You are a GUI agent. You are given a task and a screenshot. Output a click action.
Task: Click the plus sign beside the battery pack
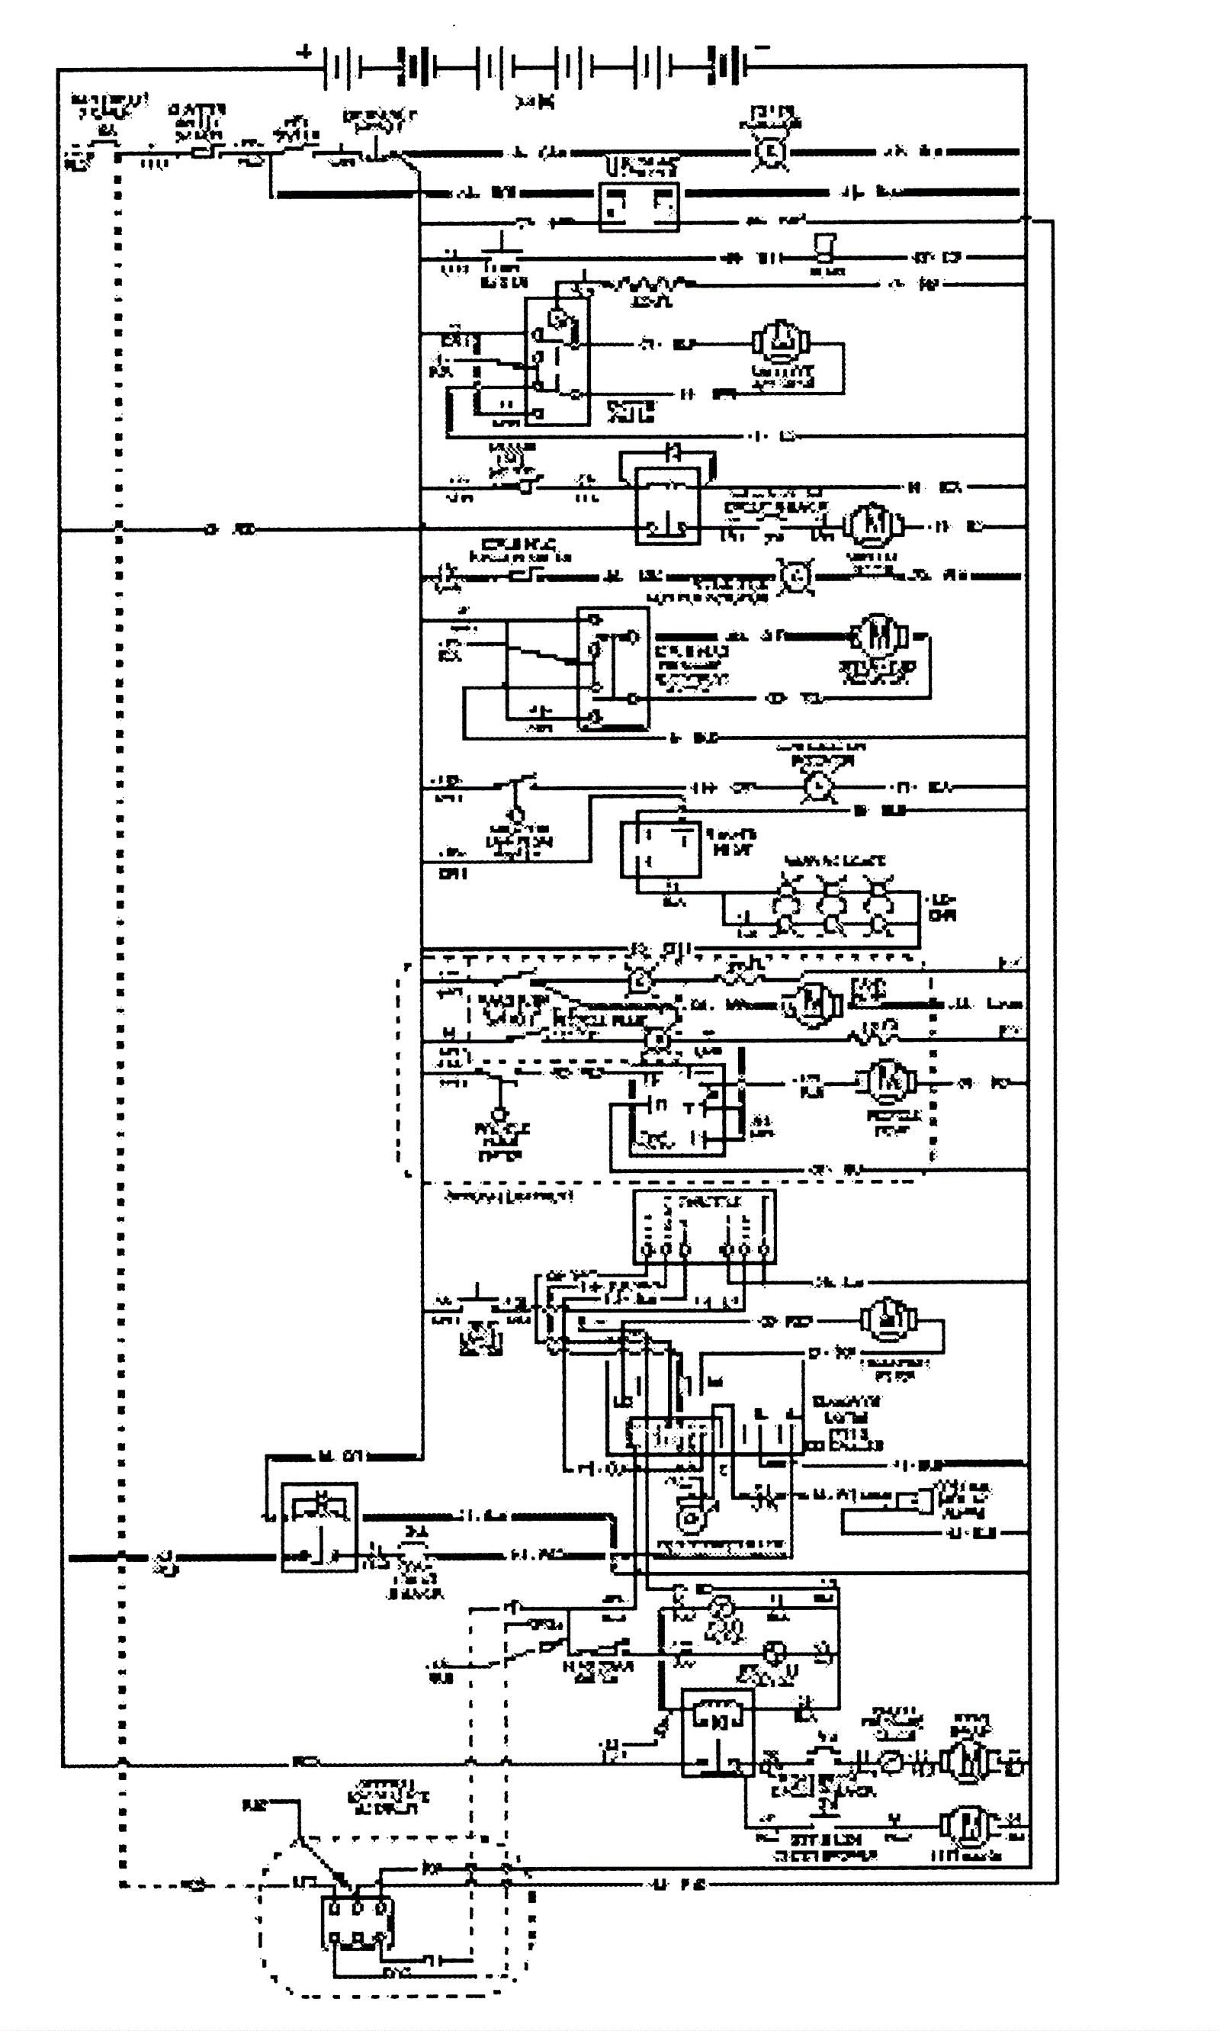click(305, 53)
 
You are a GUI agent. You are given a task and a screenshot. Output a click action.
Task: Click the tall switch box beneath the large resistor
click(557, 362)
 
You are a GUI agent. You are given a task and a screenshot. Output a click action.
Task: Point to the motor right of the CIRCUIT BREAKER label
click(874, 524)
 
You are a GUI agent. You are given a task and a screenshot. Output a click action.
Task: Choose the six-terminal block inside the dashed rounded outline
click(357, 1923)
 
